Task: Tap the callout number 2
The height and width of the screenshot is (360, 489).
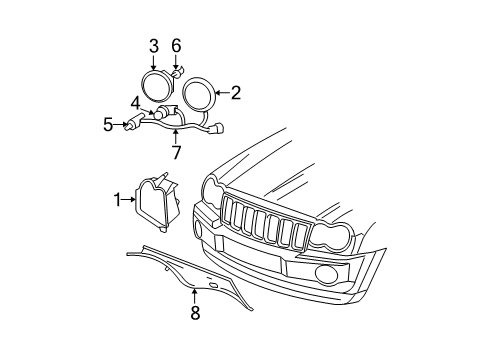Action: [236, 93]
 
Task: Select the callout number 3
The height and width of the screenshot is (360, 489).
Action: [154, 45]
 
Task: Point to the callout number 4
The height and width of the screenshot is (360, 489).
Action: [135, 101]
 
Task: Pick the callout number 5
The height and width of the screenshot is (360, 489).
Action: [108, 125]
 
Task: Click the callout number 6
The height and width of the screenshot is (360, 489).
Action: [176, 45]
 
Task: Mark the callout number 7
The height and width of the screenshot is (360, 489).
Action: [176, 152]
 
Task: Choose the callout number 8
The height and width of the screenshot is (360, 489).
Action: [195, 313]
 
